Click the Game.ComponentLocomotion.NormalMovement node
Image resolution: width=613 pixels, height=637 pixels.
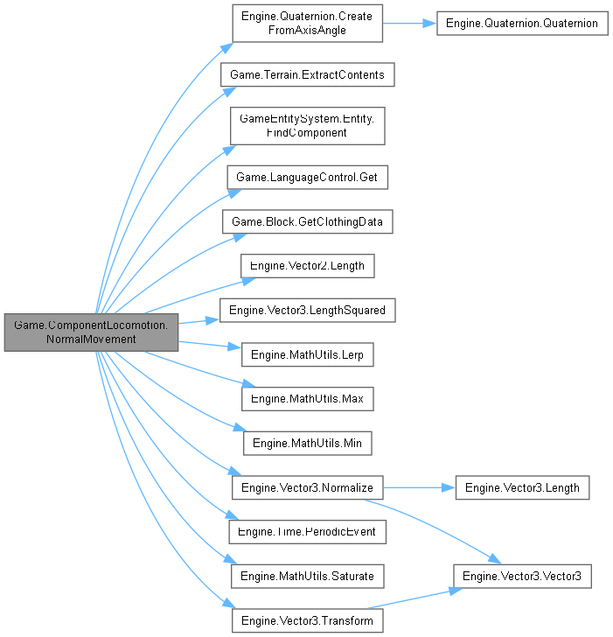pyautogui.click(x=91, y=332)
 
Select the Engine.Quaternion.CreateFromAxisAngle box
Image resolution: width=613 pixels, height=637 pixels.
pyautogui.click(x=307, y=24)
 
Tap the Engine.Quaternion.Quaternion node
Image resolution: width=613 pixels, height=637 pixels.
pyautogui.click(x=522, y=24)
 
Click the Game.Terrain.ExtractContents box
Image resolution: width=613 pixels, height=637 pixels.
pyautogui.click(x=307, y=74)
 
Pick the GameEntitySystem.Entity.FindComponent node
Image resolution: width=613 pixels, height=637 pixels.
pyautogui.click(x=307, y=125)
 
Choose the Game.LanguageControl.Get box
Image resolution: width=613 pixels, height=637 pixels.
pyautogui.click(x=307, y=177)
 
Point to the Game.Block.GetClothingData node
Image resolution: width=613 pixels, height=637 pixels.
pyautogui.click(x=307, y=222)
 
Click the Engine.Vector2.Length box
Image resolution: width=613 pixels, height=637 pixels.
pyautogui.click(x=307, y=266)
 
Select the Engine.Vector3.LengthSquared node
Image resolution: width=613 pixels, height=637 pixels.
pyautogui.click(x=307, y=310)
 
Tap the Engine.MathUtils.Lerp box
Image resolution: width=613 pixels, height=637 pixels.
pyautogui.click(x=307, y=354)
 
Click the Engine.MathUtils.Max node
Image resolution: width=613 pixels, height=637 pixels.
pyautogui.click(x=307, y=399)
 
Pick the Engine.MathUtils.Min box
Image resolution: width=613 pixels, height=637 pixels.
pyautogui.click(x=307, y=444)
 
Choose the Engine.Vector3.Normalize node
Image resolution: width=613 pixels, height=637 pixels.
pyautogui.click(x=307, y=487)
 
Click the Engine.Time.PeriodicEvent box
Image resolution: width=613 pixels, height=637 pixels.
pyautogui.click(x=307, y=531)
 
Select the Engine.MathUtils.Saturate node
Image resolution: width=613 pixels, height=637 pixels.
pyautogui.click(x=307, y=576)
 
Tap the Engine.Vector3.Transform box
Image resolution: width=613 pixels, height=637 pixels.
pyautogui.click(x=307, y=620)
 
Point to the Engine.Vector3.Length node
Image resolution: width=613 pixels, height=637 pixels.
pyautogui.click(x=522, y=487)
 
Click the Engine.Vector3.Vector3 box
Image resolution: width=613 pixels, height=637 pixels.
pyautogui.click(x=522, y=576)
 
